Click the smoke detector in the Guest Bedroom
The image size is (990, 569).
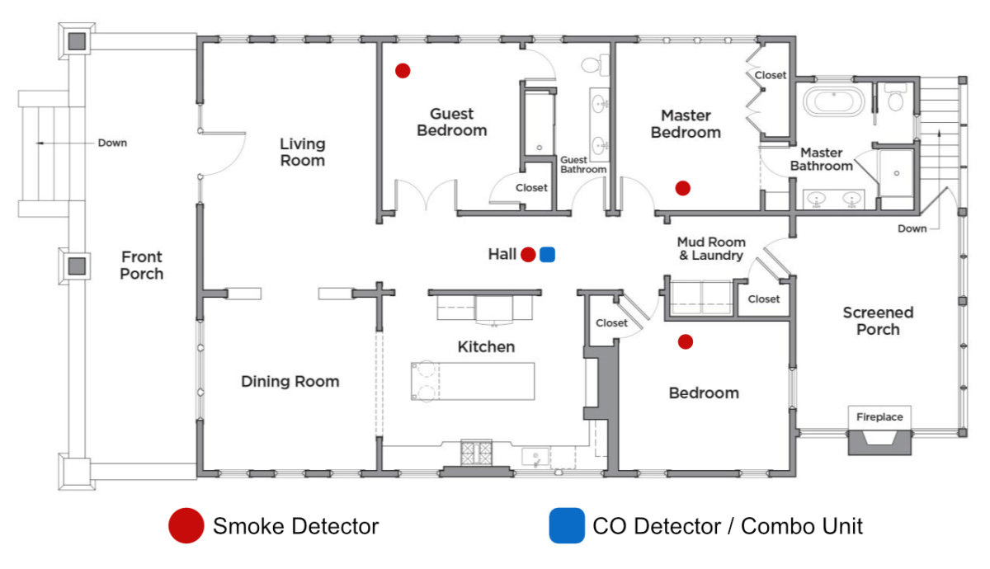[x=403, y=71]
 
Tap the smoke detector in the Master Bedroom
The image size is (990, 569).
[x=682, y=188]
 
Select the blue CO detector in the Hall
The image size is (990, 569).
[x=547, y=255]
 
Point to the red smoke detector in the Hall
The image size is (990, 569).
[x=528, y=255]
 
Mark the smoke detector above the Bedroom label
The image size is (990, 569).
[x=685, y=341]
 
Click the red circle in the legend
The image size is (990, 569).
[x=186, y=526]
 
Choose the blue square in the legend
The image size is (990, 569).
[x=566, y=526]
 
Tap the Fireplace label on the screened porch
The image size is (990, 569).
[x=879, y=417]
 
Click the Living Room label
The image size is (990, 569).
[x=302, y=153]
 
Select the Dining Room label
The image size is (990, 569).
[x=290, y=382]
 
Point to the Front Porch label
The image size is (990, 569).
[x=142, y=266]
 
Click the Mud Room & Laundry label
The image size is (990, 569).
[x=711, y=249]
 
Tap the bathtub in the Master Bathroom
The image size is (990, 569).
[x=834, y=102]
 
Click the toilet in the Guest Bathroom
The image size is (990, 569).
[x=592, y=63]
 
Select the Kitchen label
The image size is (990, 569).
[x=486, y=347]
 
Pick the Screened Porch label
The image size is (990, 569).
[x=878, y=321]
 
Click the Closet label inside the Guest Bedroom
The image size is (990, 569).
[x=531, y=188]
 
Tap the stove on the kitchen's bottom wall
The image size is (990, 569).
[x=476, y=453]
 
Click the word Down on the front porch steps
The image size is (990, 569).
[x=112, y=143]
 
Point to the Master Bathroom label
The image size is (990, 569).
[x=822, y=159]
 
